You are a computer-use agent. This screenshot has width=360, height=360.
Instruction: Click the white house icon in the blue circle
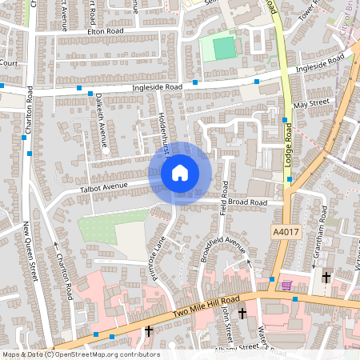pyautogui.click(x=180, y=172)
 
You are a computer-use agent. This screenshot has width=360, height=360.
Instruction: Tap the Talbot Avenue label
pyautogui.click(x=104, y=186)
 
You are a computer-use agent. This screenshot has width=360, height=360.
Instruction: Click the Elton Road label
pyautogui.click(x=104, y=32)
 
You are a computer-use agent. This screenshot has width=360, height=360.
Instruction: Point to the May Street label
pyautogui.click(x=311, y=104)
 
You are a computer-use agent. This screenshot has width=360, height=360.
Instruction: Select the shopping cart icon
pyautogui.click(x=286, y=284)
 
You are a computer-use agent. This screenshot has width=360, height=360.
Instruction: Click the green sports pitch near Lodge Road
pyautogui.click(x=226, y=48)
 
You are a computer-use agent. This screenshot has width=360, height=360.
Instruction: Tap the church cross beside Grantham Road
pyautogui.click(x=326, y=277)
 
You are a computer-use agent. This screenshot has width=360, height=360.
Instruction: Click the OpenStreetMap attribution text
pyautogui.click(x=80, y=354)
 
